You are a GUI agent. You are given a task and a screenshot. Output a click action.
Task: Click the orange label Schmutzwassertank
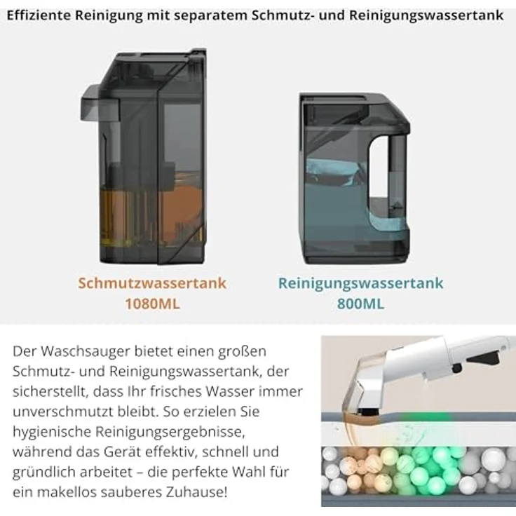152,283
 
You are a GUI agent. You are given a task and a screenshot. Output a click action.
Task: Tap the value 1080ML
152,304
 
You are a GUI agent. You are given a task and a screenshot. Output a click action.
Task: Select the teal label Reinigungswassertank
360,283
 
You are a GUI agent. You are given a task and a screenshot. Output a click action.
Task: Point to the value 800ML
360,304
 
